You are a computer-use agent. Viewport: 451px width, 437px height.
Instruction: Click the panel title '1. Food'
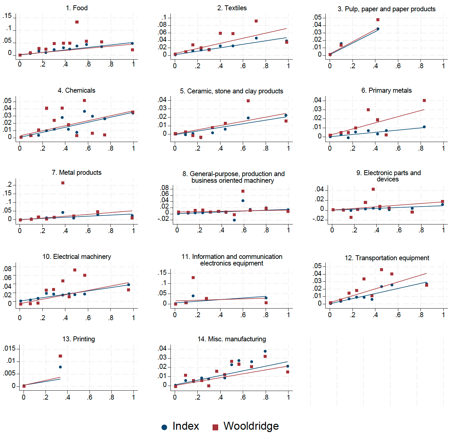point(77,8)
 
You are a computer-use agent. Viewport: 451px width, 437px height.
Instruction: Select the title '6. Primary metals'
point(386,90)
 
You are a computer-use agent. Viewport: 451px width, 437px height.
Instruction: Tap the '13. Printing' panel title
point(79,339)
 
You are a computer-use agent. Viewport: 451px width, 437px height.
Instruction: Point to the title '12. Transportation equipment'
point(387,258)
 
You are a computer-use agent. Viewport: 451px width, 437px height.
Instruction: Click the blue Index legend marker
point(164,427)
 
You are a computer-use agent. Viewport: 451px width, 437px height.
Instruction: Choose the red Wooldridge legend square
point(216,427)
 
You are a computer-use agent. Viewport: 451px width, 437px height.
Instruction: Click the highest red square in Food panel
point(77,22)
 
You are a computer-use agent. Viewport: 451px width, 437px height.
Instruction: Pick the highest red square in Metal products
point(63,183)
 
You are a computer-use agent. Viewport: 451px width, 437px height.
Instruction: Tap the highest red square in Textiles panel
point(256,21)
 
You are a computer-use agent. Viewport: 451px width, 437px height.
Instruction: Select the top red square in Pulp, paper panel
point(378,20)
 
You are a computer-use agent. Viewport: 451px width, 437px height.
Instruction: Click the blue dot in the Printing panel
point(60,367)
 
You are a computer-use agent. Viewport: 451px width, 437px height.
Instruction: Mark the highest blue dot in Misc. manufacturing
point(265,351)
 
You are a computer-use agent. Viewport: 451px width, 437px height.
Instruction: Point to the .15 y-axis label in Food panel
point(7,16)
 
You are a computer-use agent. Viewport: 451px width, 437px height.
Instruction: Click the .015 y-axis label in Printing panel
point(9,348)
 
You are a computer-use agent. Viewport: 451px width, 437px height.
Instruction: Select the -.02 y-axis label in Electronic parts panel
point(318,218)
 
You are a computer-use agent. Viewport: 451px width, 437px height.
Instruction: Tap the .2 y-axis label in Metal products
point(9,184)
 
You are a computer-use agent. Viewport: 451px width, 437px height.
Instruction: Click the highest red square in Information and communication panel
point(193,277)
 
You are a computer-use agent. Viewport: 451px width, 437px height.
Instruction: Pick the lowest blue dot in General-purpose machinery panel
point(234,220)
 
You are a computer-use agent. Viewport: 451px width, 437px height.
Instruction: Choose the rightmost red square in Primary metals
point(424,100)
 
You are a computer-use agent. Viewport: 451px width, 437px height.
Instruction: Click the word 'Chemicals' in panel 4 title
point(80,90)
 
